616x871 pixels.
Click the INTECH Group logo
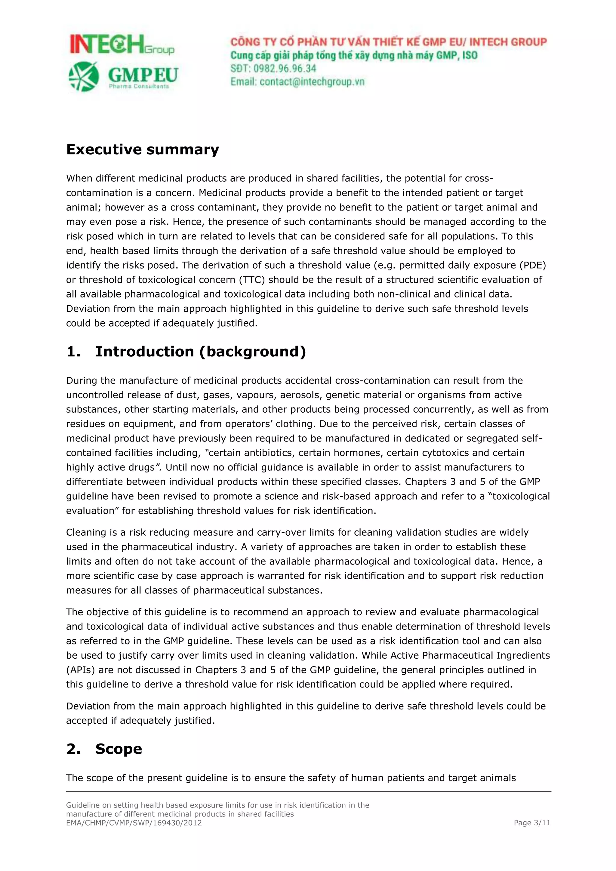click(122, 45)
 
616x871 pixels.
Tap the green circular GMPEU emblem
click(84, 76)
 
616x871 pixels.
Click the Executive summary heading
click(143, 149)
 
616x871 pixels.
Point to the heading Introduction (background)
click(200, 351)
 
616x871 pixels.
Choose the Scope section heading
click(118, 749)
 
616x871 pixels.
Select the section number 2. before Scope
click(73, 749)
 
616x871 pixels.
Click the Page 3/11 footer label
click(532, 823)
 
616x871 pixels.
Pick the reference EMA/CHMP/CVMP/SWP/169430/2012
click(134, 823)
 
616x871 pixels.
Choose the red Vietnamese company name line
click(388, 42)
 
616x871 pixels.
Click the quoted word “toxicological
click(518, 496)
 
